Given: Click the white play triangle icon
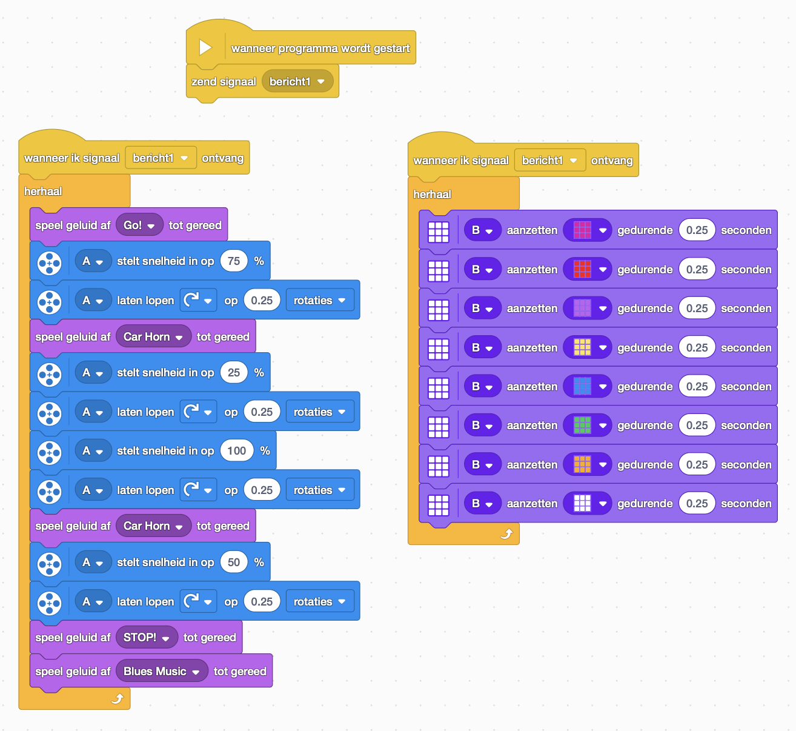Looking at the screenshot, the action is pyautogui.click(x=205, y=48).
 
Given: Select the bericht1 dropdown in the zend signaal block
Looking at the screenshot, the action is pyautogui.click(x=297, y=81).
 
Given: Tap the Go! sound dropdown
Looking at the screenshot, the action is pyautogui.click(x=139, y=225).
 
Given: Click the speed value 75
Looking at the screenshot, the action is pyautogui.click(x=234, y=261).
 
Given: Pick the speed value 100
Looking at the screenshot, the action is pyautogui.click(x=236, y=451).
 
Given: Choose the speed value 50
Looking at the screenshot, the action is pyautogui.click(x=234, y=562).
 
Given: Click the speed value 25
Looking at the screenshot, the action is pyautogui.click(x=234, y=372).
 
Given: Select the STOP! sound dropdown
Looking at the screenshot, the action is pyautogui.click(x=147, y=637).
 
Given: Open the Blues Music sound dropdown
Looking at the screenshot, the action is pyautogui.click(x=162, y=672).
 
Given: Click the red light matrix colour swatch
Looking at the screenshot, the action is pyautogui.click(x=582, y=269).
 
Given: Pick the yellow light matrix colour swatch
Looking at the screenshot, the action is pyautogui.click(x=582, y=347).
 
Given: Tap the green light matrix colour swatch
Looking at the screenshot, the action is pyautogui.click(x=582, y=426).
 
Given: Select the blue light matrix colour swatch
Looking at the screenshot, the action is pyautogui.click(x=582, y=386).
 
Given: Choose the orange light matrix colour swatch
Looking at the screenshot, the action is pyautogui.click(x=582, y=464).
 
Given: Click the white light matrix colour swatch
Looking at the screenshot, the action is pyautogui.click(x=582, y=504).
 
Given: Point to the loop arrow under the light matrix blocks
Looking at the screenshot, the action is pyautogui.click(x=506, y=534).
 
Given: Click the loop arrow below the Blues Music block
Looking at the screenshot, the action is pyautogui.click(x=118, y=698).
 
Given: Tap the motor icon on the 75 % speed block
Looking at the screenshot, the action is pyautogui.click(x=49, y=263).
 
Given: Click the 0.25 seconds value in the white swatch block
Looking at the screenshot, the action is pyautogui.click(x=697, y=504).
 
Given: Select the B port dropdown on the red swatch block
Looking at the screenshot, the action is pyautogui.click(x=482, y=269).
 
